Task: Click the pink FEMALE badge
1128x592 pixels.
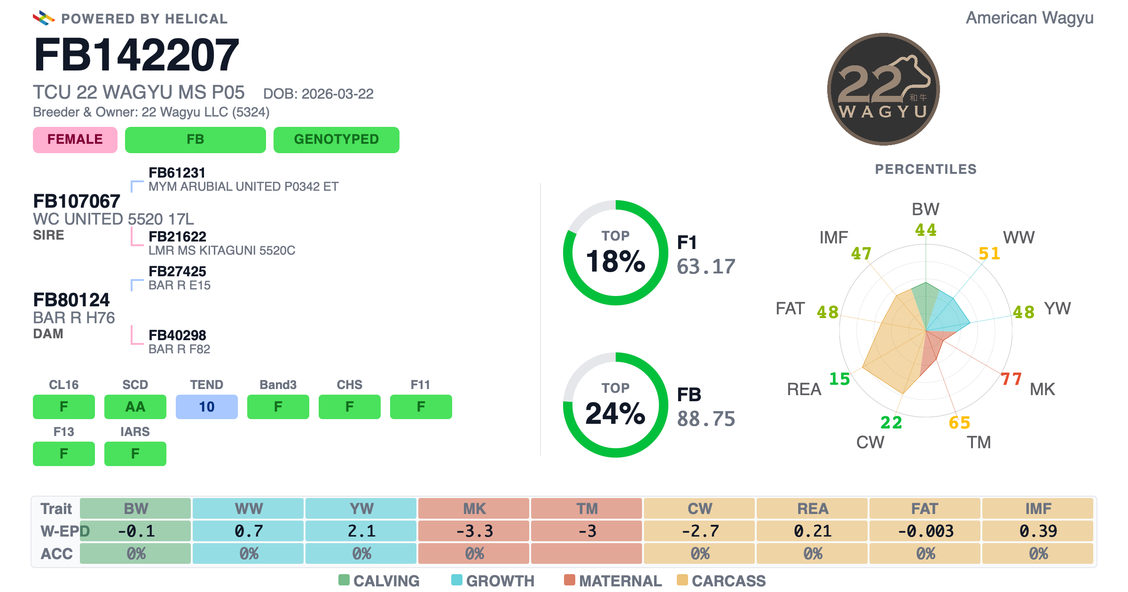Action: click(75, 140)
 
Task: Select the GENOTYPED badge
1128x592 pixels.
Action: click(337, 140)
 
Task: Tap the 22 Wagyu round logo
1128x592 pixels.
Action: click(883, 89)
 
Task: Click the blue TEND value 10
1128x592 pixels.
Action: click(207, 406)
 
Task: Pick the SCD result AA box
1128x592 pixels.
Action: click(135, 406)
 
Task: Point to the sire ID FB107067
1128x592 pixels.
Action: click(77, 201)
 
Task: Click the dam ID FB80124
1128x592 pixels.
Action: click(71, 300)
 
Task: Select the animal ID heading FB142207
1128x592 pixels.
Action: click(136, 55)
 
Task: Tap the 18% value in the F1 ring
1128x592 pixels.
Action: click(616, 261)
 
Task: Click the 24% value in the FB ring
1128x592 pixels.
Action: click(616, 413)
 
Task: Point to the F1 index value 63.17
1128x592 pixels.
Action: click(706, 267)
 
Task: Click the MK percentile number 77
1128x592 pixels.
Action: click(1011, 379)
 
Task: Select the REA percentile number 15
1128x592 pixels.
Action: click(839, 379)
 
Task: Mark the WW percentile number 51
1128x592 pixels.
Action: click(989, 254)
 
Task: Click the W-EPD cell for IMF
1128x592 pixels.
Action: click(1038, 531)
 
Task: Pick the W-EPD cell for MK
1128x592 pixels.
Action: click(474, 531)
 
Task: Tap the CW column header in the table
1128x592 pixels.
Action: click(699, 508)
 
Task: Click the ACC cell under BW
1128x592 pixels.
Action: click(135, 553)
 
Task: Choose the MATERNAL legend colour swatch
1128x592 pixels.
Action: click(570, 580)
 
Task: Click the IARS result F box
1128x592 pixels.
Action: click(135, 453)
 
